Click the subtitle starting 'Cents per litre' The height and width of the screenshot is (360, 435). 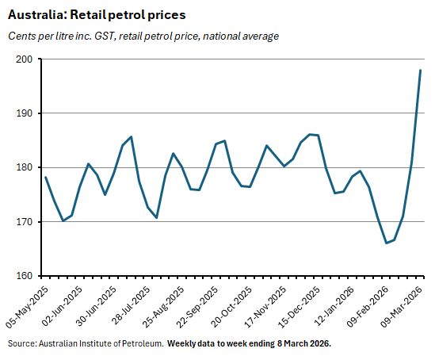[x=143, y=36]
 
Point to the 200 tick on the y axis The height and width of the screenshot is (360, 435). [x=23, y=59]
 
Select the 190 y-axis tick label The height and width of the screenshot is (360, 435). [x=23, y=113]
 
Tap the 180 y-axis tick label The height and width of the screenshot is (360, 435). [x=23, y=167]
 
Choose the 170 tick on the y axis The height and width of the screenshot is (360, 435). [x=23, y=222]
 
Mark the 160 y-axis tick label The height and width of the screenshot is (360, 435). [x=23, y=276]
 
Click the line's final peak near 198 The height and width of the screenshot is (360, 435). [x=420, y=71]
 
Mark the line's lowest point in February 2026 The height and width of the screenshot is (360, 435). [x=386, y=243]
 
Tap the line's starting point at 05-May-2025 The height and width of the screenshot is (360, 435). [x=46, y=177]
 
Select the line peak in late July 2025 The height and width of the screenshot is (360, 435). [x=131, y=136]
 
